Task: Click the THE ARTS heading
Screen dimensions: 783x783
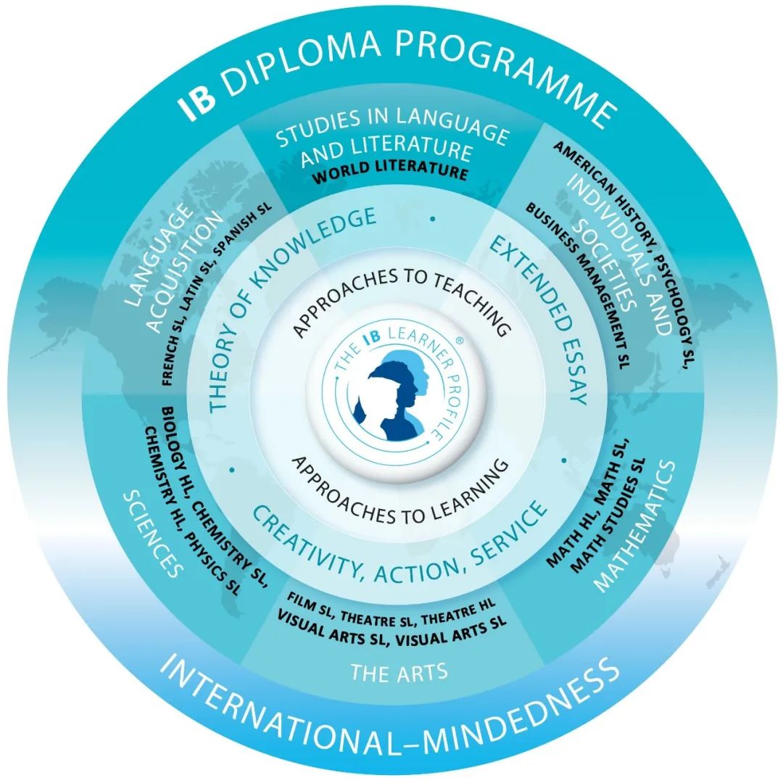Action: (x=399, y=672)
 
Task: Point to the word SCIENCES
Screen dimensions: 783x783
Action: (x=153, y=534)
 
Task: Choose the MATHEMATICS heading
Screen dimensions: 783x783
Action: (x=635, y=526)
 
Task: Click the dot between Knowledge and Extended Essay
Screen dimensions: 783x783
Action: (x=432, y=219)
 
